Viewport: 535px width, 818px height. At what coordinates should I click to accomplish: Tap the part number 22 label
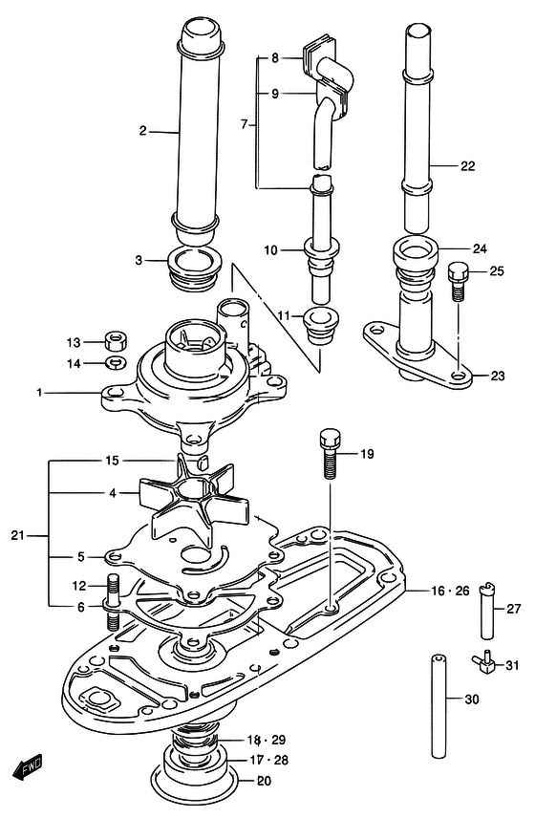[467, 166]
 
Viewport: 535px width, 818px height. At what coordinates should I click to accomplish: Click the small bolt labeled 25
[458, 281]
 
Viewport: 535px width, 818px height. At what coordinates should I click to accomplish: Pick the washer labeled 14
[117, 362]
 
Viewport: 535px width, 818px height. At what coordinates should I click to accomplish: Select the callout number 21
[18, 535]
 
